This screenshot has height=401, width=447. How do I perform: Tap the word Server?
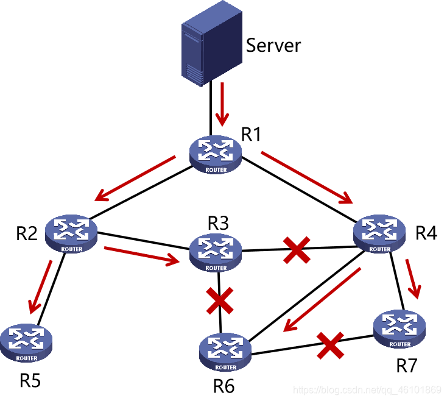(273, 45)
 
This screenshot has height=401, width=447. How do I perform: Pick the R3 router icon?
(216, 252)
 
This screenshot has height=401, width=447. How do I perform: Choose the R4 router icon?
(379, 233)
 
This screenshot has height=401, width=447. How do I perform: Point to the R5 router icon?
(26, 342)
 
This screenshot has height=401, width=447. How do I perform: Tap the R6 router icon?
(225, 351)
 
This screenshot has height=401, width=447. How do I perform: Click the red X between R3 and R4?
(297, 250)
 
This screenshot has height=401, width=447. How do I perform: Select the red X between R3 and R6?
(219, 300)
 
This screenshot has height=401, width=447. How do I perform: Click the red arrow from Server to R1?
(223, 102)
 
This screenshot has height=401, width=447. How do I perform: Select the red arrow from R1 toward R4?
(308, 177)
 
